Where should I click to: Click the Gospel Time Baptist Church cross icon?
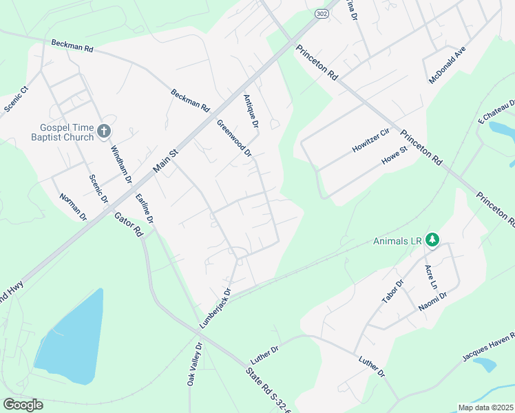pyautogui.click(x=104, y=130)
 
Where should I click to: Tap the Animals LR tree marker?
pyautogui.click(x=432, y=240)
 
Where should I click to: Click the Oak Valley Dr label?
pyautogui.click(x=195, y=365)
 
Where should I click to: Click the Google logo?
pyautogui.click(x=23, y=404)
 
